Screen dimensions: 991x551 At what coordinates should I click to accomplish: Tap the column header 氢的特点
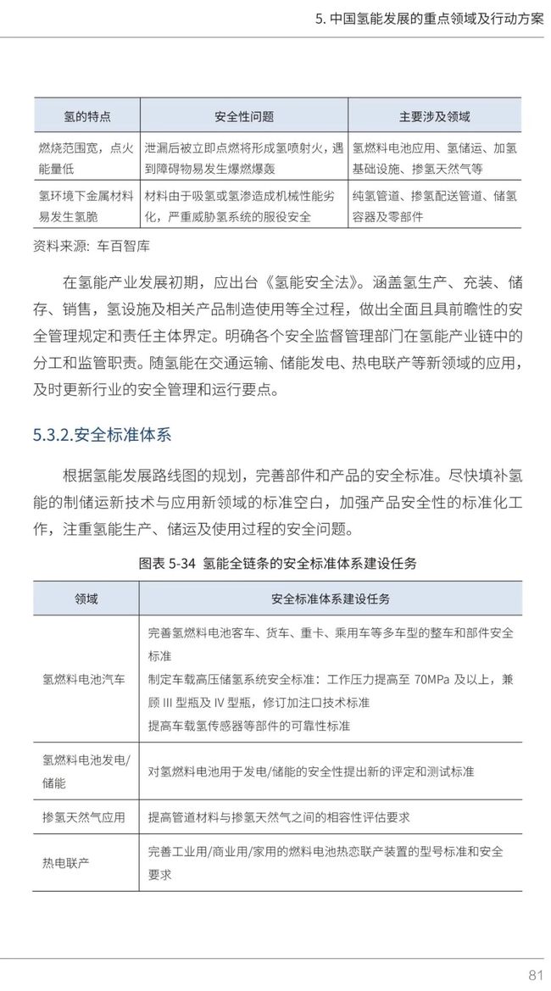coord(87,116)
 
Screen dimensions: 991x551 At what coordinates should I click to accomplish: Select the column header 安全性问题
coord(244,116)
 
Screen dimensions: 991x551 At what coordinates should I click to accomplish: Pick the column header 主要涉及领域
coord(434,116)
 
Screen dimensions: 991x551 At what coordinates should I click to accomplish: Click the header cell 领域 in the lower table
coord(86,598)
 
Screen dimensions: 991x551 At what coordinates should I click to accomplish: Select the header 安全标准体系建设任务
coord(331,598)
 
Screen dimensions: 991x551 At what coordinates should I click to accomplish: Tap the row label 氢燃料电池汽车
coord(85,679)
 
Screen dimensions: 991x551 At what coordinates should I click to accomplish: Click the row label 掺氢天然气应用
coord(85,818)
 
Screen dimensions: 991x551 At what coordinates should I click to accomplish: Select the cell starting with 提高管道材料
coord(279,818)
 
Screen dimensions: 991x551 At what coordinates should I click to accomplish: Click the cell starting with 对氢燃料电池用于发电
coord(311,771)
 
